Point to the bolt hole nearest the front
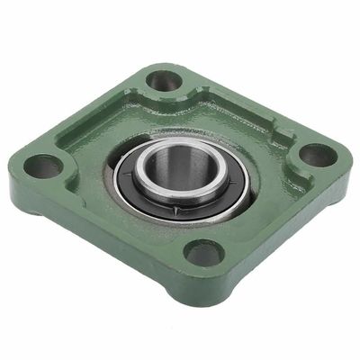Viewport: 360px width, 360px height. [x=203, y=254]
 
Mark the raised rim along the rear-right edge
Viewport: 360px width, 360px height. [x=243, y=99]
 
